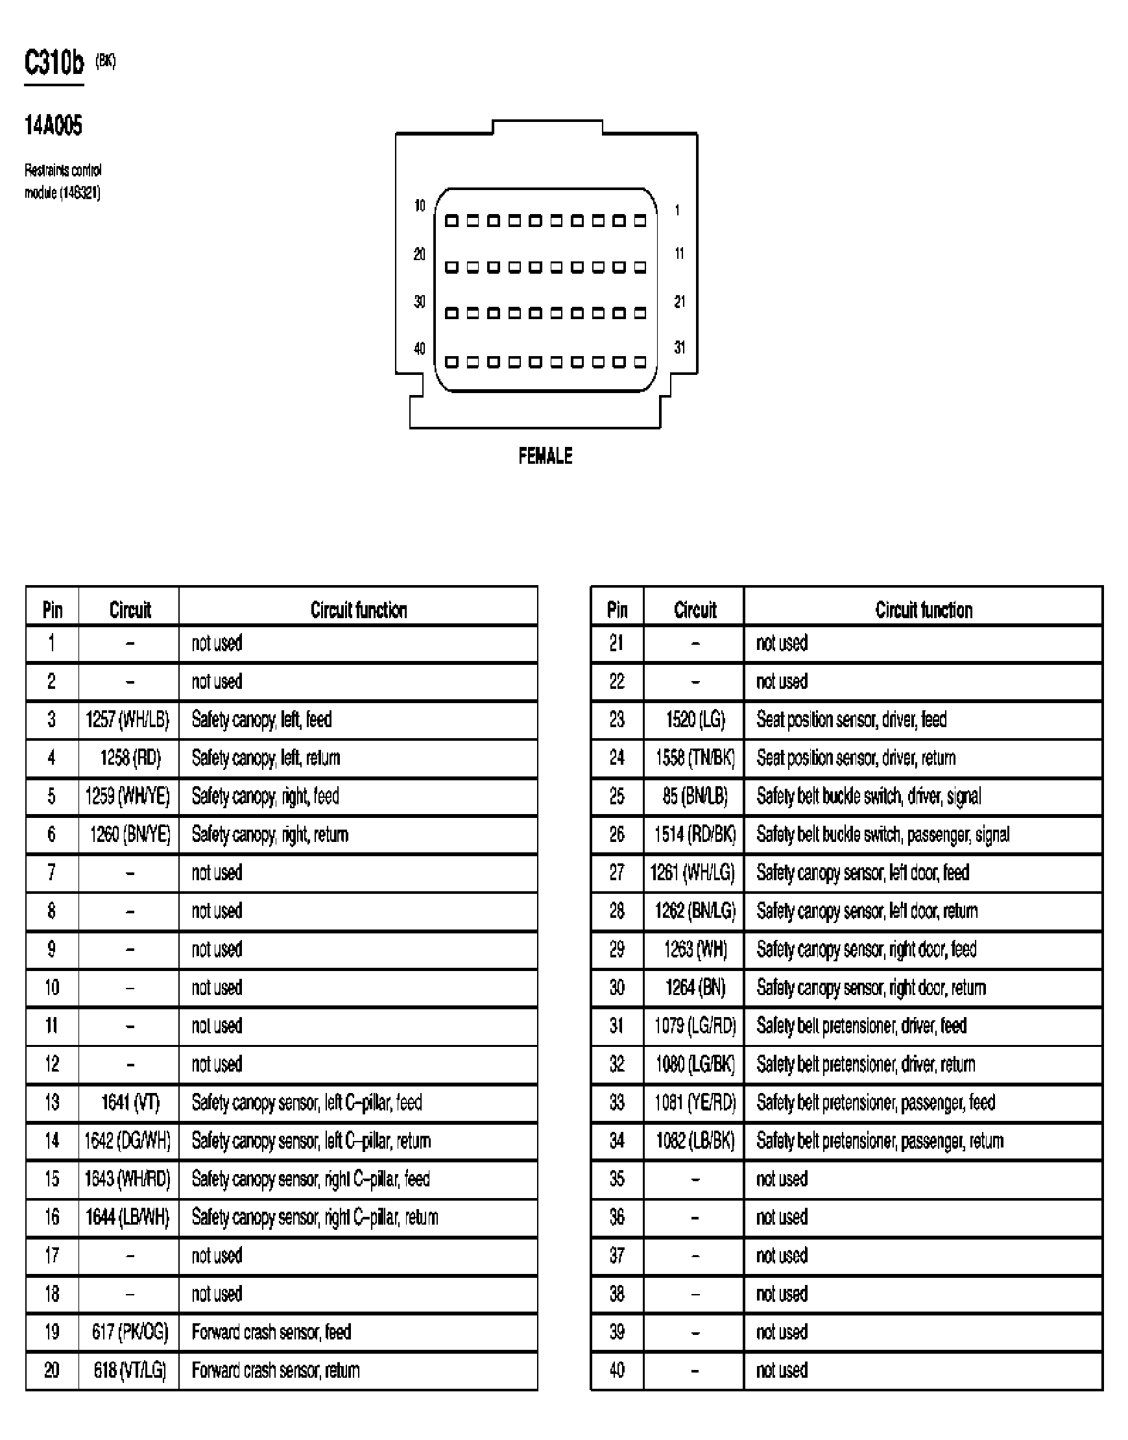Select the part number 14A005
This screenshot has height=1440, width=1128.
tap(53, 125)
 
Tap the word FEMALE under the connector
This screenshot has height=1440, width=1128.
tap(545, 456)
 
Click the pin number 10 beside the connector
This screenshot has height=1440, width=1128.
tap(420, 206)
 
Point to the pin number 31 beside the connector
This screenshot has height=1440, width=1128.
tap(679, 347)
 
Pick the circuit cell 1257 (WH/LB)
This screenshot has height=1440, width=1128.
tap(128, 719)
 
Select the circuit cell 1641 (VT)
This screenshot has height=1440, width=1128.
tap(130, 1103)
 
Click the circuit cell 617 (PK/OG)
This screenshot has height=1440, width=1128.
tap(130, 1332)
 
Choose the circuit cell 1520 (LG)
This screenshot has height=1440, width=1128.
tap(695, 719)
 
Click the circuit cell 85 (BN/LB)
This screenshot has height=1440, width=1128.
tap(695, 797)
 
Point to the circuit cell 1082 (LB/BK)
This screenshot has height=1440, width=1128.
tap(695, 1141)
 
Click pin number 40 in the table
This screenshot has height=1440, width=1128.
tap(616, 1371)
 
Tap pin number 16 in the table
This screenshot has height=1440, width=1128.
tap(51, 1218)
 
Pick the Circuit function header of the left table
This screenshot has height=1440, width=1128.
tap(358, 610)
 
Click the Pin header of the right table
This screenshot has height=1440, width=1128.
tap(616, 610)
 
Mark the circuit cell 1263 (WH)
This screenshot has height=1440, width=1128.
tap(695, 950)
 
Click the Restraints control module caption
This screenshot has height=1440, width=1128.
tap(63, 182)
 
